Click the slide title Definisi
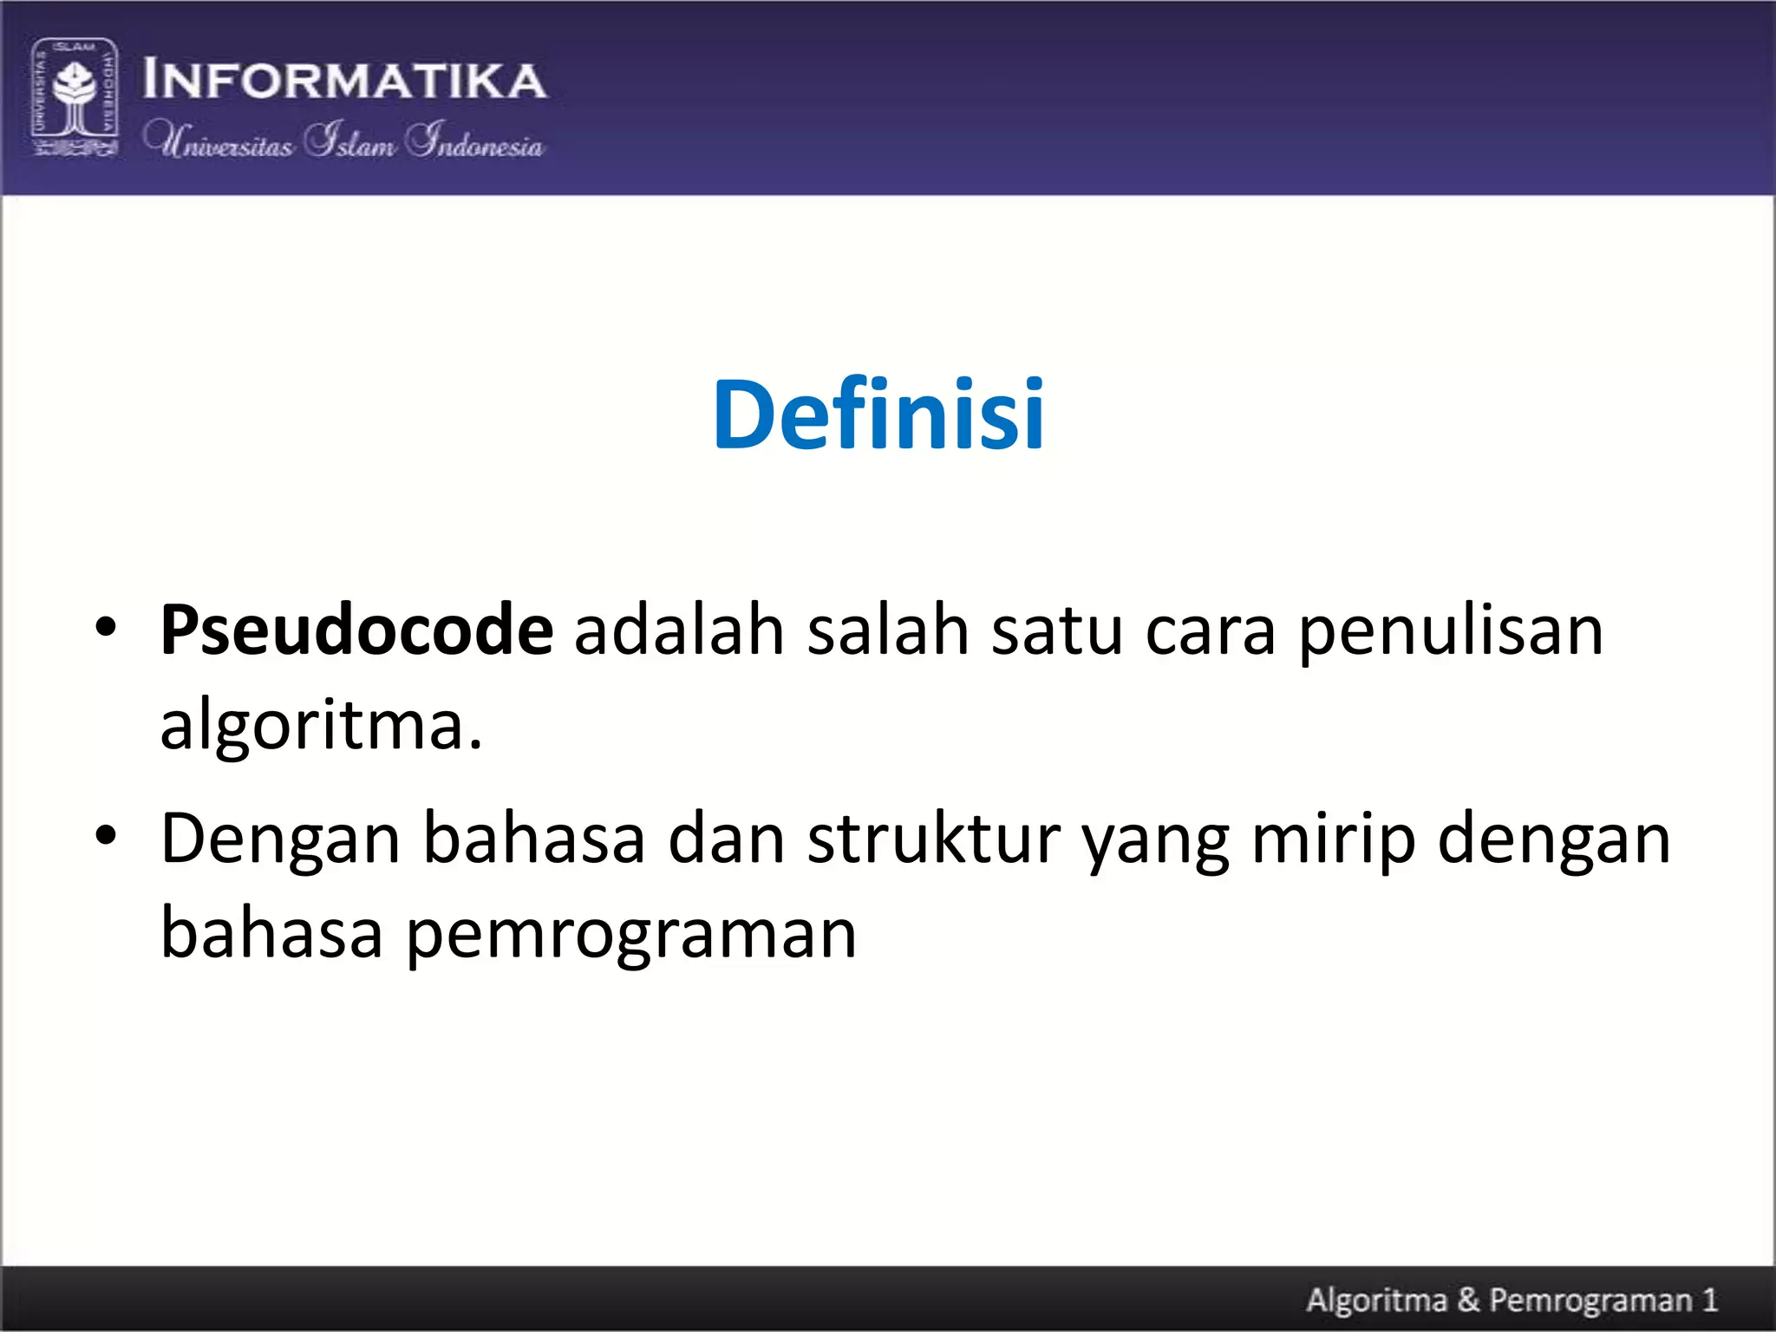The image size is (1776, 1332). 878,415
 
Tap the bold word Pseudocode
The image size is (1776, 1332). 356,630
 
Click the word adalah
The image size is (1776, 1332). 679,630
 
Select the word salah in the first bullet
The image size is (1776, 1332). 888,630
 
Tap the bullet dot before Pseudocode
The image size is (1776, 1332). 106,627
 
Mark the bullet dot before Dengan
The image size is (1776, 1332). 106,835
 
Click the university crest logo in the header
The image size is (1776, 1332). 75,97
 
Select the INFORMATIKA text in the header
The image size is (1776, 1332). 344,81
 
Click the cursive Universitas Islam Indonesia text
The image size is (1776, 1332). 343,141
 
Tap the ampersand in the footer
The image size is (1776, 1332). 1468,1299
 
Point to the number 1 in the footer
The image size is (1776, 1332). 1709,1299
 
